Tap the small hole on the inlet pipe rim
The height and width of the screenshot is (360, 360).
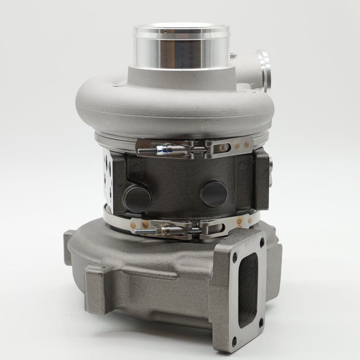pos(165,31)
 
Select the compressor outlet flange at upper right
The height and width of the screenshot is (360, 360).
pos(264,70)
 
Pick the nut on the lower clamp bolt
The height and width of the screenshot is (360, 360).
pos(159,231)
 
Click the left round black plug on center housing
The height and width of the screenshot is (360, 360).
pos(137,199)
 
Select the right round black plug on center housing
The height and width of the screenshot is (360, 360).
pos(214,194)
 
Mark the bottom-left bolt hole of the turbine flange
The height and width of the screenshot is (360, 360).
pos(234,340)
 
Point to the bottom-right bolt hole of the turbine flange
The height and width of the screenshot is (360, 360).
pos(261,320)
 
